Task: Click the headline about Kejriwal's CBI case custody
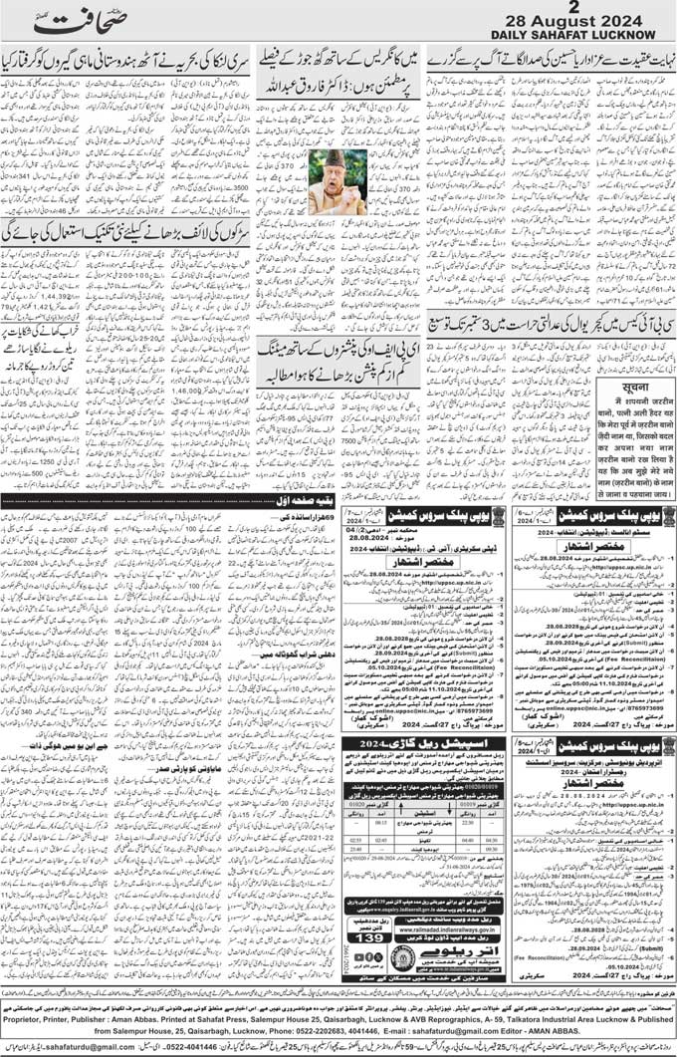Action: (550, 326)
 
